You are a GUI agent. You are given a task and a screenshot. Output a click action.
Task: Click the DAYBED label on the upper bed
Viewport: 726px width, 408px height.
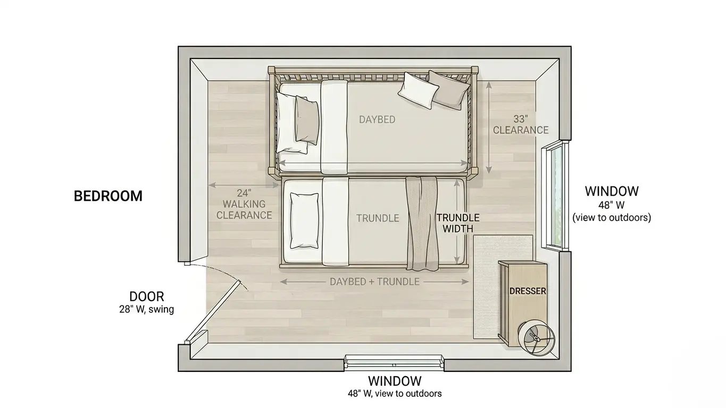[377, 120]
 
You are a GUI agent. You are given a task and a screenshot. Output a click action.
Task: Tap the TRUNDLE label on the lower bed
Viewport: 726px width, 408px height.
[378, 218]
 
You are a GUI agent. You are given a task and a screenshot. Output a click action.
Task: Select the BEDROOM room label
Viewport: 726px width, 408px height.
[108, 196]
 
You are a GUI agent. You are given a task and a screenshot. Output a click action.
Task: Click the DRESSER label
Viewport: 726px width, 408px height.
[528, 291]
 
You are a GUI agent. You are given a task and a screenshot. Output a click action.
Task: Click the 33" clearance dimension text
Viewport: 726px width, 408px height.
[520, 124]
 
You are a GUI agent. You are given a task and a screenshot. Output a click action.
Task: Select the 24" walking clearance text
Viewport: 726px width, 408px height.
[244, 204]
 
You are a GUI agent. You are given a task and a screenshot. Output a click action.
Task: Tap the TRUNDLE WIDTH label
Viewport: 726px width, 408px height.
[458, 223]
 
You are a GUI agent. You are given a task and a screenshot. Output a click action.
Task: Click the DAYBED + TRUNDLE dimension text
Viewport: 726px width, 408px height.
[374, 282]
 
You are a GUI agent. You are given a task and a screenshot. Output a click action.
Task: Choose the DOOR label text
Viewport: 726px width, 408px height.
[146, 296]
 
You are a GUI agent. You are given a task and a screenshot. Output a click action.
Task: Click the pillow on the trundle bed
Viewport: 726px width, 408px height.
[304, 220]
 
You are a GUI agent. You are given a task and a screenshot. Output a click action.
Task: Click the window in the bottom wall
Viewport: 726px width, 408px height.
[394, 361]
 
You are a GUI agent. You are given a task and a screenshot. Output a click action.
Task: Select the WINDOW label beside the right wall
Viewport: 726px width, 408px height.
[612, 191]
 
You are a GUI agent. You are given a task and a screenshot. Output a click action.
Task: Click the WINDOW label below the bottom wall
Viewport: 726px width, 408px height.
[395, 381]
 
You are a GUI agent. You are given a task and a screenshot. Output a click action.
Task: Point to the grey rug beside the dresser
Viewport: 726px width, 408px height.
[487, 287]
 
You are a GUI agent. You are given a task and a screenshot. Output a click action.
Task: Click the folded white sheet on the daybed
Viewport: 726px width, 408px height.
[334, 127]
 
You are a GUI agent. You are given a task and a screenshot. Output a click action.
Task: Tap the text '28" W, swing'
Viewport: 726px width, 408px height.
[146, 309]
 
